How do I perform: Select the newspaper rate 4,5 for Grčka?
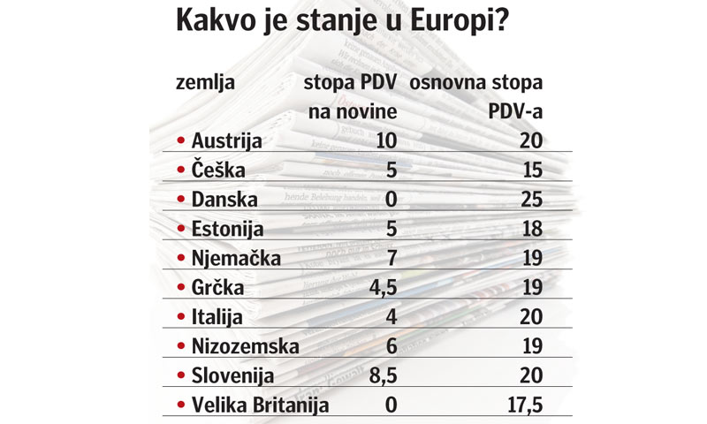pyautogui.click(x=380, y=289)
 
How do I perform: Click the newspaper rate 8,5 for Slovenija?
pyautogui.click(x=380, y=376)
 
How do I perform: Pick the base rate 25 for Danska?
pyautogui.click(x=530, y=200)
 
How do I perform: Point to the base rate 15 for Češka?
pyautogui.click(x=530, y=169)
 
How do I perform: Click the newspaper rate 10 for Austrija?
pyautogui.click(x=385, y=140)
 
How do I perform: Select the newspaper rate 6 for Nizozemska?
pyautogui.click(x=391, y=347)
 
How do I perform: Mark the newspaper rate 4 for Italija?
pyautogui.click(x=391, y=318)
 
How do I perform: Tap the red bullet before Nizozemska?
pyautogui.click(x=181, y=348)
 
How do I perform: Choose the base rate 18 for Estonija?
pyautogui.click(x=530, y=229)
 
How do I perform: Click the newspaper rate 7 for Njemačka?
pyautogui.click(x=391, y=259)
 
